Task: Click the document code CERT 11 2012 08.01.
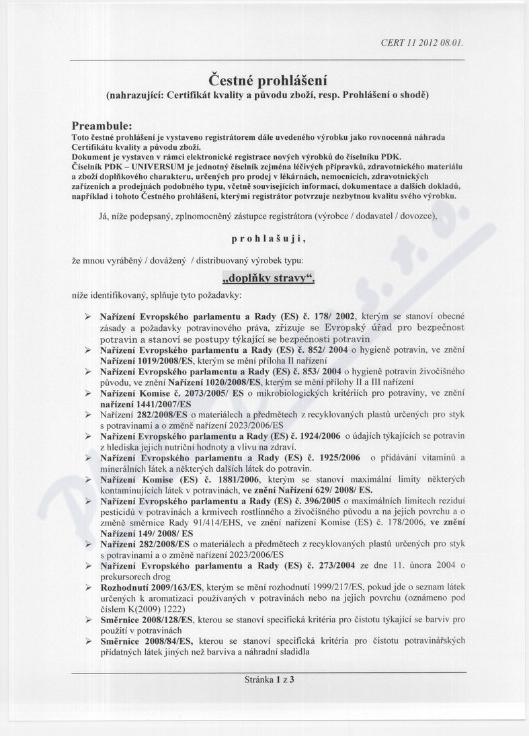(x=421, y=42)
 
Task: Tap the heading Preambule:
(x=103, y=126)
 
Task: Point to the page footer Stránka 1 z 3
(x=269, y=680)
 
